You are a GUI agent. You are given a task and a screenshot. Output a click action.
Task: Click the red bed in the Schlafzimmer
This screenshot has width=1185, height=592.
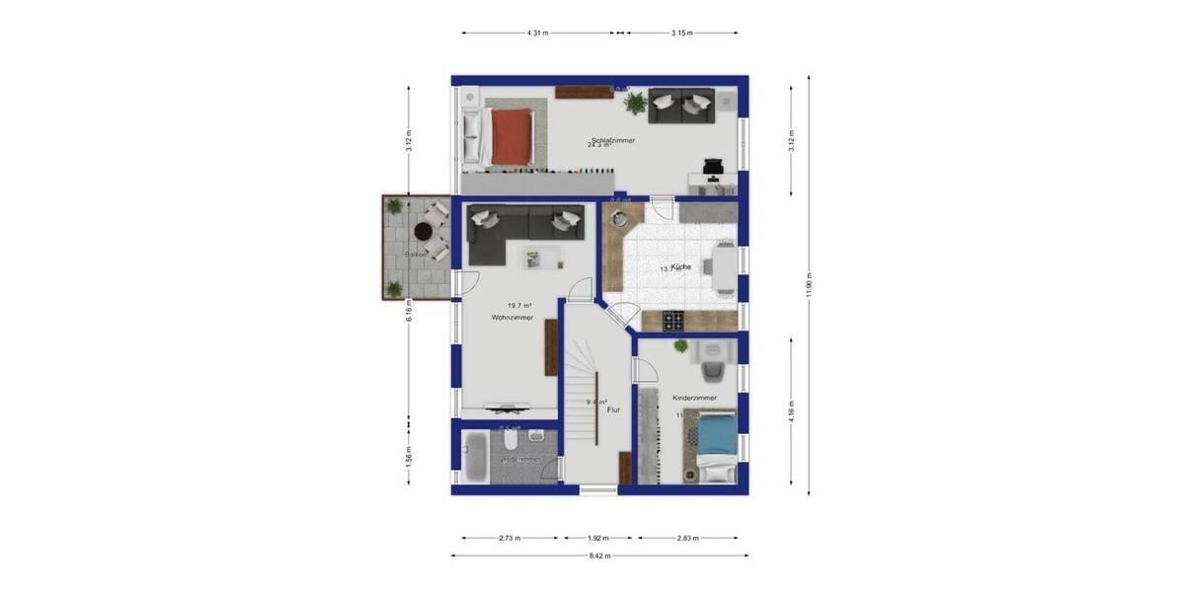(512, 136)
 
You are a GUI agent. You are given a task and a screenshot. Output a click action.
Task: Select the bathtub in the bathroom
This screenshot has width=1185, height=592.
(474, 457)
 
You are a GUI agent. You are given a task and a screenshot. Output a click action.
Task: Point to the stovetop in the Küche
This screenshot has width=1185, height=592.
(673, 320)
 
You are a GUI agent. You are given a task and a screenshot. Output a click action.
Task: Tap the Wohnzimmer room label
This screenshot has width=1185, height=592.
(513, 318)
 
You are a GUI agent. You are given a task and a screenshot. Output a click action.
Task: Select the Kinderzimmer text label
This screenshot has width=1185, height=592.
(694, 398)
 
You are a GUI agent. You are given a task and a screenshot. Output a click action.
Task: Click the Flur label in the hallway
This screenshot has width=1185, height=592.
(613, 409)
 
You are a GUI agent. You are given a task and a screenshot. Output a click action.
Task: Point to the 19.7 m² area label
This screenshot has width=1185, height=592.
(518, 306)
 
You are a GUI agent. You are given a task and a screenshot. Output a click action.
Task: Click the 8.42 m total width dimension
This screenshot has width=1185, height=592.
(598, 556)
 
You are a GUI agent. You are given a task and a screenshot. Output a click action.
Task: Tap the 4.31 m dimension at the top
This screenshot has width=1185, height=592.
(538, 33)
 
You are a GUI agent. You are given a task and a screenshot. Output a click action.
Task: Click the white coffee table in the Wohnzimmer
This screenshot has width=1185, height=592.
(540, 258)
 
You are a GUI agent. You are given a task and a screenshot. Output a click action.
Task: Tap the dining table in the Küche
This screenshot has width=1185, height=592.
(726, 268)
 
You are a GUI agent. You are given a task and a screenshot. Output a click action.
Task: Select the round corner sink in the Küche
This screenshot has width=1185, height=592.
(620, 219)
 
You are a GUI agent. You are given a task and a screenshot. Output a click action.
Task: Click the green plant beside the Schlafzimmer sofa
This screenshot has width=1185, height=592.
(634, 101)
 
